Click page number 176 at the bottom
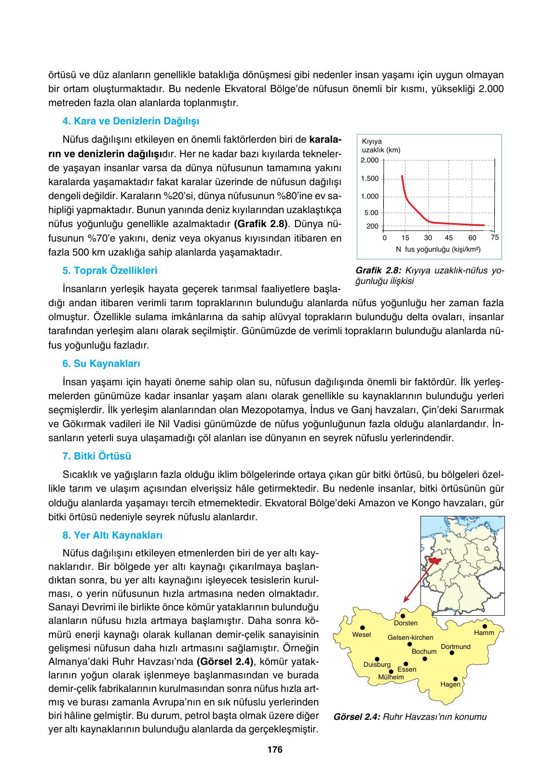tap(274, 750)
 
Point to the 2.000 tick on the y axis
tap(370, 160)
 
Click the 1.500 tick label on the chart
tap(370, 179)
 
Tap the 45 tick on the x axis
tap(449, 238)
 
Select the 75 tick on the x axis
tap(494, 237)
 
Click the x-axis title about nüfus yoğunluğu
tap(438, 249)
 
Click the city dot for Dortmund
tap(452, 653)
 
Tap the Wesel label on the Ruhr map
tap(362, 634)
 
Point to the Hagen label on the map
tap(450, 684)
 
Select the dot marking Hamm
tap(485, 626)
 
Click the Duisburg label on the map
tap(377, 665)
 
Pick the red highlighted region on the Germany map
tap(435, 561)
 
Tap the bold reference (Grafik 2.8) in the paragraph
tap(260, 224)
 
